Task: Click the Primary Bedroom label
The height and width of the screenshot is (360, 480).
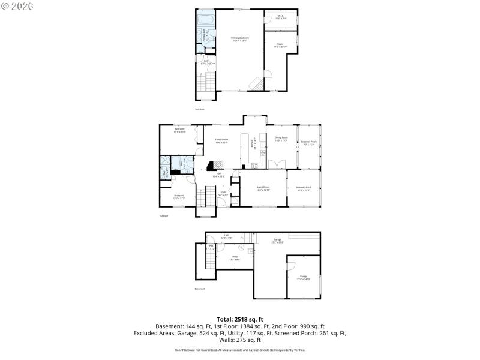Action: (x=240, y=40)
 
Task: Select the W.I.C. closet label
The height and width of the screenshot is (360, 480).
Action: (x=281, y=18)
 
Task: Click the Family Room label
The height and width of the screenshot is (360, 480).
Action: (x=223, y=141)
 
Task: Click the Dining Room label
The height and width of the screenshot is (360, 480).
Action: (x=281, y=139)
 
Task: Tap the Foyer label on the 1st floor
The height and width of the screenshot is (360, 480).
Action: (x=223, y=194)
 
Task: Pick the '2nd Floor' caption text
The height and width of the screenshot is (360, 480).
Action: (x=199, y=109)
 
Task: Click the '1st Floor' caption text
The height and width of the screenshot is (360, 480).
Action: (x=164, y=215)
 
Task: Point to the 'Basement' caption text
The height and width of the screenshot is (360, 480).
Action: (x=200, y=289)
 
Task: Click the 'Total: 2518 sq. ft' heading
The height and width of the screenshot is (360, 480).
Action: (x=240, y=319)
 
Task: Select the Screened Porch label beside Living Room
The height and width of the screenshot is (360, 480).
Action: (x=303, y=188)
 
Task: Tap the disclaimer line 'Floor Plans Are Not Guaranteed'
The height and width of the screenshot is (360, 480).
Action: (x=240, y=350)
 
